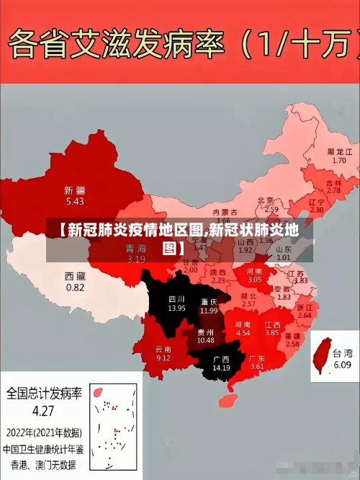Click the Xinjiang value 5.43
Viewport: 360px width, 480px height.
(74, 202)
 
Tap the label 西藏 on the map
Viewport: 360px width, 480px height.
(75, 276)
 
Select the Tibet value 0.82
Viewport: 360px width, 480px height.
(75, 287)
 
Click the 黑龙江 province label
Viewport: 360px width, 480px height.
(339, 152)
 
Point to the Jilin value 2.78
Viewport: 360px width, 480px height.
(333, 190)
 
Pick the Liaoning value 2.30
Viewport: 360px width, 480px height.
(316, 210)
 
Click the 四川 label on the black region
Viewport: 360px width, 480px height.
(176, 298)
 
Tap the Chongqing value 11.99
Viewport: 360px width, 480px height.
(209, 311)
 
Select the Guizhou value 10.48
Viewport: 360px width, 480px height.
(205, 340)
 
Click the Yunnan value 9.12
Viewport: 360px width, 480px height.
(163, 357)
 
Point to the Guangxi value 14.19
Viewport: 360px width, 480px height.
(221, 368)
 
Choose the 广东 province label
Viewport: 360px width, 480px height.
(257, 358)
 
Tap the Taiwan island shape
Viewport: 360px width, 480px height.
(322, 357)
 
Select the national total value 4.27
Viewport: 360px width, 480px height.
(43, 412)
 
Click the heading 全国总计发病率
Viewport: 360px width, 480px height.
(44, 395)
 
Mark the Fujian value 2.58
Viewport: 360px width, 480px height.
(292, 345)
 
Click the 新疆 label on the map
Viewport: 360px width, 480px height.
(74, 191)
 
